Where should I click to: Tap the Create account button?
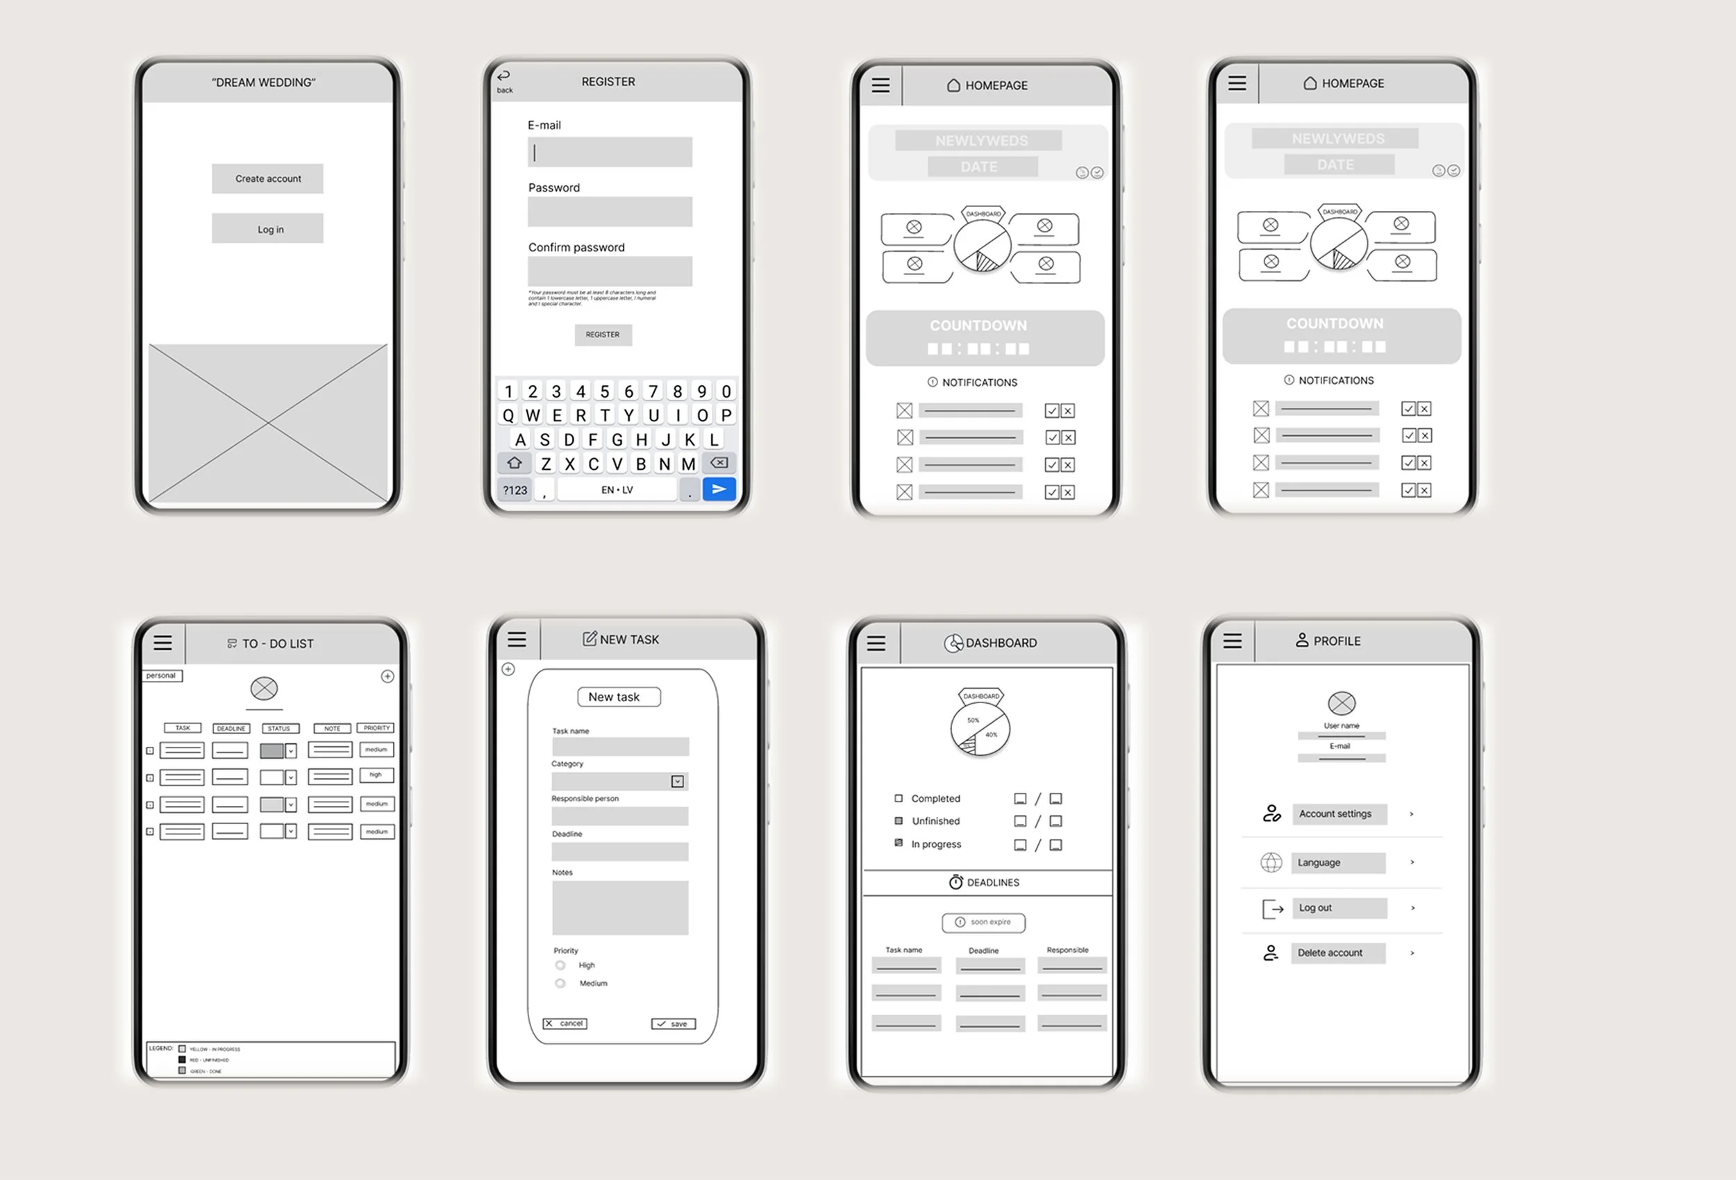[x=267, y=178]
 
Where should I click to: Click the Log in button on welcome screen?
[x=267, y=228]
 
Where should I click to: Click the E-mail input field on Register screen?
[x=610, y=152]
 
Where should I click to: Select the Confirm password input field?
[x=610, y=271]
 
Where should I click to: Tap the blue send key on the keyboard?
[x=719, y=489]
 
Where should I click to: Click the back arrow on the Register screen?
[x=504, y=77]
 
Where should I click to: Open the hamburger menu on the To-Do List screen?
[x=163, y=643]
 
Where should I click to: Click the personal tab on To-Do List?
[x=161, y=675]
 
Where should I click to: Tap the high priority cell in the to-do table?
[x=376, y=775]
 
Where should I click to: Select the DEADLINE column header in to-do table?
[x=231, y=728]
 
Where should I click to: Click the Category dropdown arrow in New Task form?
[x=678, y=781]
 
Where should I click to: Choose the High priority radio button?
[x=560, y=965]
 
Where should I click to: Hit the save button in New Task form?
[x=673, y=1024]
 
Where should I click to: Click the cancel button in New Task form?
[x=565, y=1023]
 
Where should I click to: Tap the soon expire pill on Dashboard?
[x=983, y=922]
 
